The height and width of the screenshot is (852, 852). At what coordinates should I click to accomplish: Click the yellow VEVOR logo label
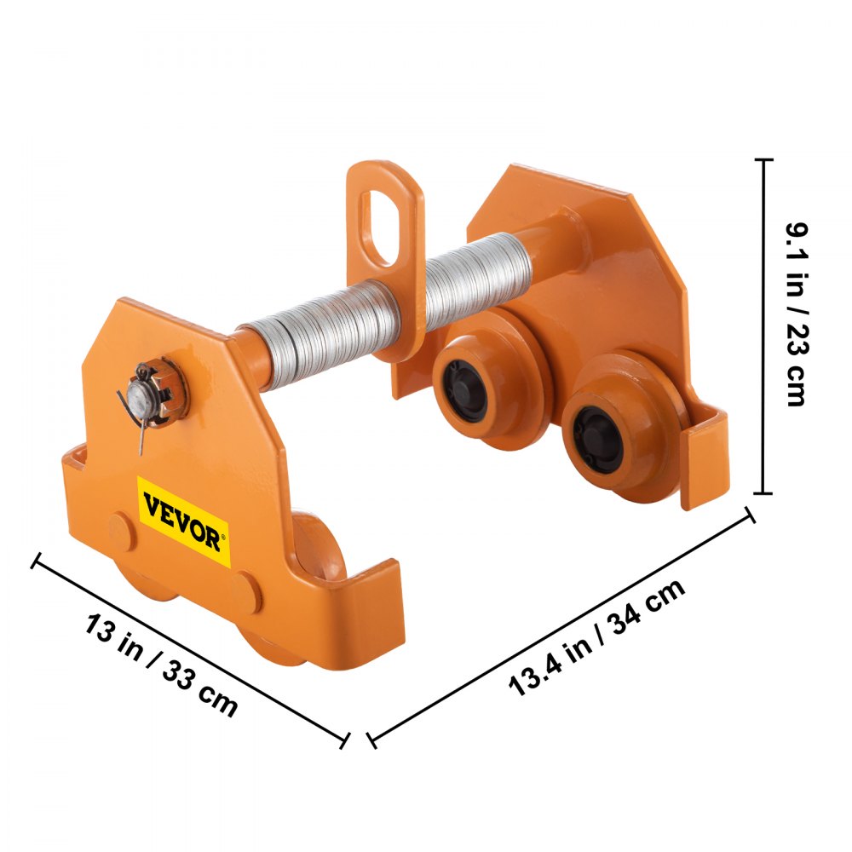click(184, 521)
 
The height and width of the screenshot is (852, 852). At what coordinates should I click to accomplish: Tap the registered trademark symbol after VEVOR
click(224, 537)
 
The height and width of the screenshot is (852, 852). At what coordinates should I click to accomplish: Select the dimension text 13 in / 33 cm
click(161, 665)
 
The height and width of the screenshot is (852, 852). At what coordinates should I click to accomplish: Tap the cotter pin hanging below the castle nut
click(135, 426)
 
